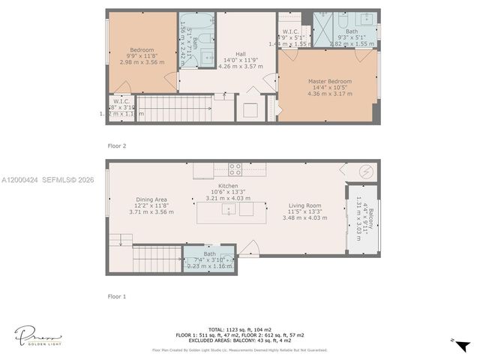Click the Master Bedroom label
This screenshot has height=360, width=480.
(329, 81)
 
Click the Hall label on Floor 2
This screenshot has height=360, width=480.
(240, 54)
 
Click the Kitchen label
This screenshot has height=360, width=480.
(227, 185)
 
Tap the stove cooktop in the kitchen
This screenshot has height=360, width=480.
(235, 169)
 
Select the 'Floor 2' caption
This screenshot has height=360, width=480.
(116, 145)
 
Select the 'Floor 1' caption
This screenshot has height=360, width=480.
(116, 296)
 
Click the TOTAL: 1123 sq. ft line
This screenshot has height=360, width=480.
(240, 329)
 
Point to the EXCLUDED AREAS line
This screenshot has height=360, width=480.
(240, 341)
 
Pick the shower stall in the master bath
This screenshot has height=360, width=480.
(323, 21)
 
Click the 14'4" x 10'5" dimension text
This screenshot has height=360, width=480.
(329, 88)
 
